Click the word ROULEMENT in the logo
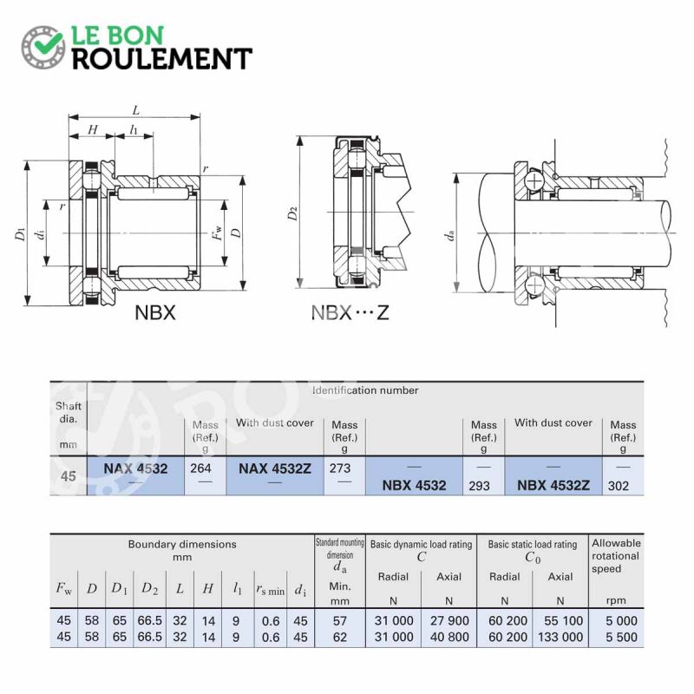click(x=161, y=59)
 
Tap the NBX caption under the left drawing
click(x=155, y=312)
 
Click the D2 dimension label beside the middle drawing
click(x=292, y=213)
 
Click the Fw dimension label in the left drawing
click(x=218, y=232)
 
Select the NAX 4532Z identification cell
click(x=275, y=468)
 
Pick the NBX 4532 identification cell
click(x=415, y=485)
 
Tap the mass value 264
click(x=201, y=468)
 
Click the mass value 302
click(x=619, y=486)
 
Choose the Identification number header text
click(x=365, y=390)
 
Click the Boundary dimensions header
click(x=182, y=544)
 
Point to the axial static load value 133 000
click(x=560, y=636)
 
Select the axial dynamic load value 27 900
click(x=448, y=620)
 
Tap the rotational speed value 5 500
click(x=616, y=636)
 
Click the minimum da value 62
click(x=339, y=636)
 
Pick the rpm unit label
click(x=616, y=600)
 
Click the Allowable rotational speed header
click(x=616, y=555)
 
